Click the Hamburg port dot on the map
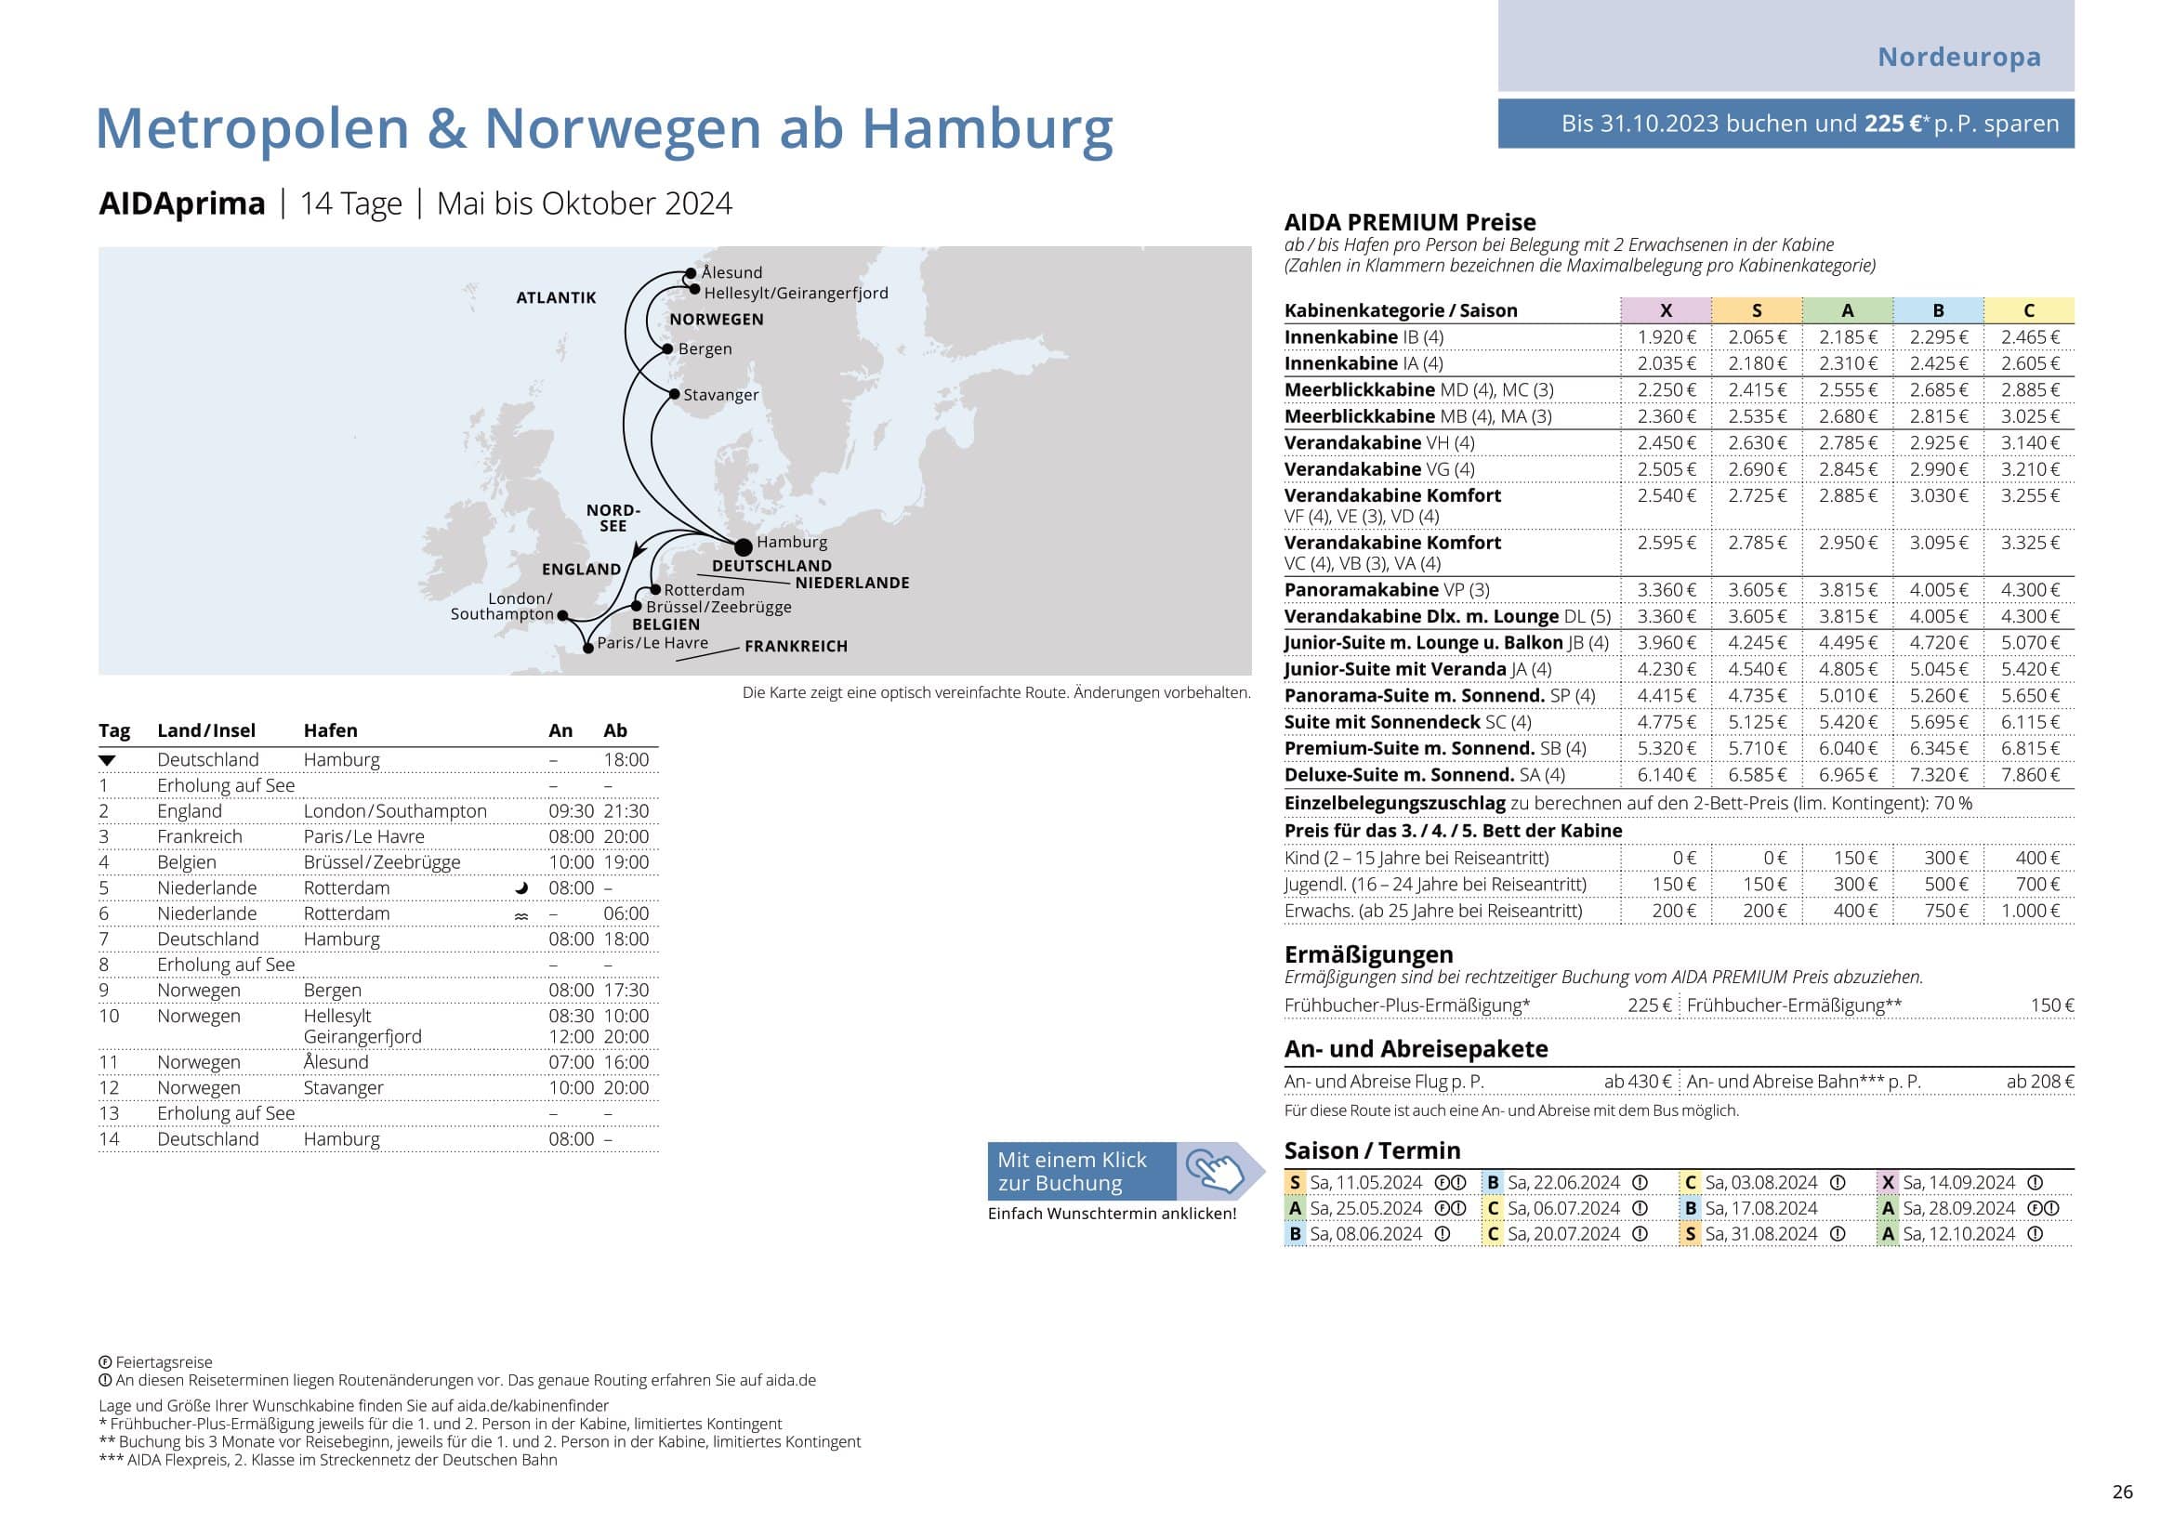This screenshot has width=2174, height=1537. click(x=744, y=546)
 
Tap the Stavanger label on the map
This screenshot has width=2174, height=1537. click(x=720, y=395)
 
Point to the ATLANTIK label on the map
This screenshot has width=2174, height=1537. click(x=556, y=297)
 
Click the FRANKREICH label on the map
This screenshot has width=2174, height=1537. click(x=796, y=647)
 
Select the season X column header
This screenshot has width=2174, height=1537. click(x=1666, y=310)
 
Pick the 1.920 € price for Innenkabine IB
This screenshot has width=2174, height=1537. click(x=1667, y=337)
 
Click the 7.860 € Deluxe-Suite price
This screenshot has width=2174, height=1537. click(x=2029, y=775)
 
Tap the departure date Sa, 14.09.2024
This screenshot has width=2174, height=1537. click(x=1958, y=1183)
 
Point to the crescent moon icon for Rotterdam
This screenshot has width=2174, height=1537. click(x=520, y=888)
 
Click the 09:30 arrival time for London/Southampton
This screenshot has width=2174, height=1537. click(x=571, y=811)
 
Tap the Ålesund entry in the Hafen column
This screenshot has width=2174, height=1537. click(x=336, y=1062)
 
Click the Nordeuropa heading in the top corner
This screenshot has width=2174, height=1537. click(x=1958, y=57)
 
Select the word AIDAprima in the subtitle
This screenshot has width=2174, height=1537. click(x=182, y=204)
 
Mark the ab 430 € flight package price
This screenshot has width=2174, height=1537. click(x=1638, y=1082)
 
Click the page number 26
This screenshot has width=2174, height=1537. click(x=2122, y=1491)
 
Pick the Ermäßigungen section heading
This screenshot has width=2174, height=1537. click(x=1368, y=954)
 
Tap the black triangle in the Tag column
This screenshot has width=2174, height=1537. click(x=107, y=760)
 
